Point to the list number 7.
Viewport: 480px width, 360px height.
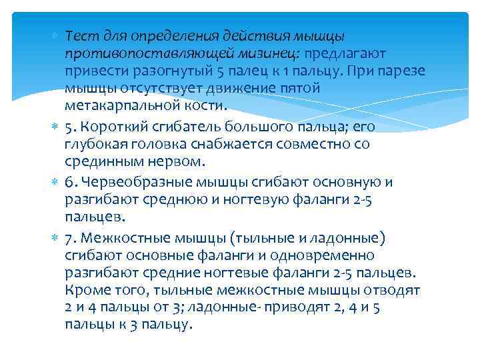tap(69, 238)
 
